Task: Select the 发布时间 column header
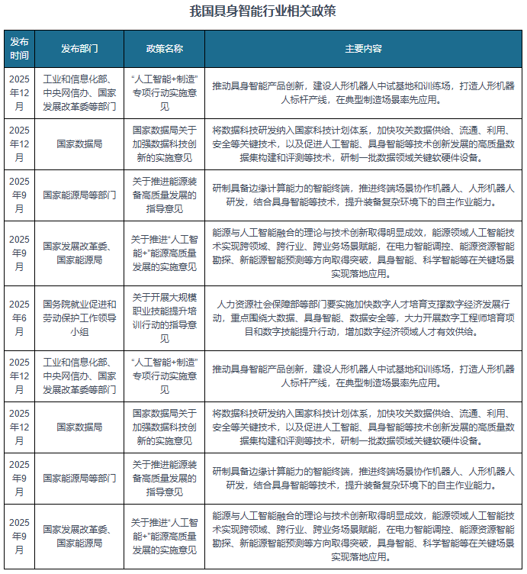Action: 19,48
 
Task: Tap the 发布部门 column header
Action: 79,48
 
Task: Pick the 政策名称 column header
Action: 164,48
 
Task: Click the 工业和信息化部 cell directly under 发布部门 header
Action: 79,92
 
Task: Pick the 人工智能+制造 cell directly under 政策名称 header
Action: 164,92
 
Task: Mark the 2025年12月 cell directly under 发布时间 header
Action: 19,92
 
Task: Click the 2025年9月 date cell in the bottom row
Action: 19,537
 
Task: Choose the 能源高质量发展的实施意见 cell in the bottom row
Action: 164,537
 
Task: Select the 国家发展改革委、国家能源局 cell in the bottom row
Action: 79,537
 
